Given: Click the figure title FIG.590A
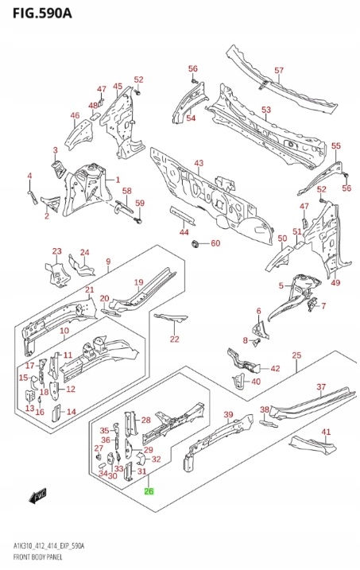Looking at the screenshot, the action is (42, 13).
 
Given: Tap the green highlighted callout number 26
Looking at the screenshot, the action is (149, 491).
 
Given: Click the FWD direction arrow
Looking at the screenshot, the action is (38, 495).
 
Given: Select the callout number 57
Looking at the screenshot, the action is (279, 70).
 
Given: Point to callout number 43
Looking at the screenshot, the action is (199, 163).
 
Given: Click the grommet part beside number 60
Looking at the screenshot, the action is (195, 242).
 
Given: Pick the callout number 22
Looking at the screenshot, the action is (174, 339).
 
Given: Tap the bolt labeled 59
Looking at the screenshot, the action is (138, 219).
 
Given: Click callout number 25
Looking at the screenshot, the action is (296, 355).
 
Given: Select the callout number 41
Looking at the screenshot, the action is (326, 432).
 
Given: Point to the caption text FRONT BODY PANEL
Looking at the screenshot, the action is (38, 557).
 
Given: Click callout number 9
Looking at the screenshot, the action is (108, 261).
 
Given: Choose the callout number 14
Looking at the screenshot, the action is (72, 412).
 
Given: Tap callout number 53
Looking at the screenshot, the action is (266, 110).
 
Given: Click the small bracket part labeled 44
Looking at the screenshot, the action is (183, 215).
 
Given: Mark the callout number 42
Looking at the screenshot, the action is (275, 369).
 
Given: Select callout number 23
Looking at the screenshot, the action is (56, 251).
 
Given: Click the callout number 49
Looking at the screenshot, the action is (335, 282).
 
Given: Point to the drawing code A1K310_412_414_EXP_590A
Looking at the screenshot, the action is (48, 546).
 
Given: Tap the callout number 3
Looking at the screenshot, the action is (55, 150).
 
